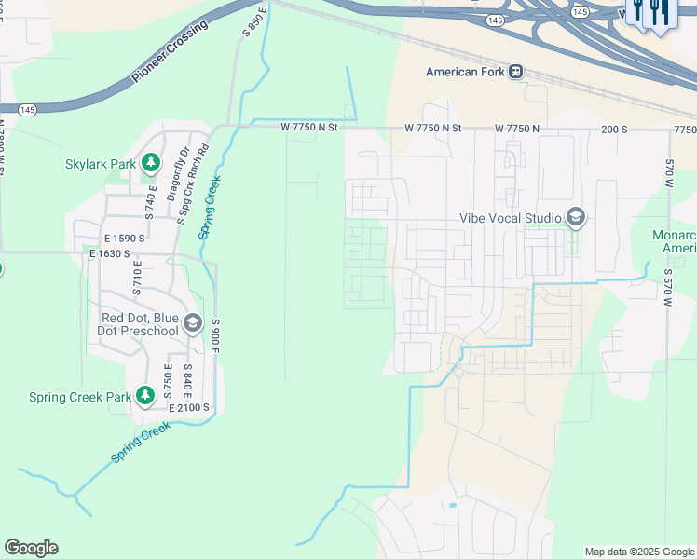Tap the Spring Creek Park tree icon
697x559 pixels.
pyautogui.click(x=145, y=396)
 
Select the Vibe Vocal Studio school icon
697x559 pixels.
pyautogui.click(x=575, y=218)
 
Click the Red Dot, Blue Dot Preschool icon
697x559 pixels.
pyautogui.click(x=193, y=323)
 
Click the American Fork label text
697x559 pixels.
pyautogui.click(x=465, y=72)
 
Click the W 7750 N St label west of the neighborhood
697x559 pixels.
pyautogui.click(x=310, y=129)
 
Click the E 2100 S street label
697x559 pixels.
pyautogui.click(x=189, y=408)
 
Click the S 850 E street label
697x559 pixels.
pyautogui.click(x=254, y=20)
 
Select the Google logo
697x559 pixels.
pyautogui.click(x=31, y=548)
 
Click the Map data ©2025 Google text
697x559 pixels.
pyautogui.click(x=638, y=552)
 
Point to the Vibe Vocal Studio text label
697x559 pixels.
pyautogui.click(x=511, y=218)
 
